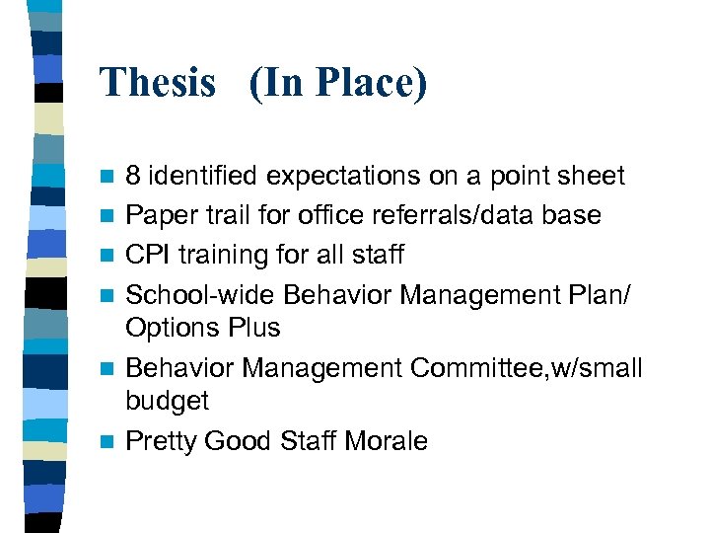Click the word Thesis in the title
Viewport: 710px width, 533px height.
(157, 83)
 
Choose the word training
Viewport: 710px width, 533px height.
(229, 256)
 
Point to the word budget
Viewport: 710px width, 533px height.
(168, 402)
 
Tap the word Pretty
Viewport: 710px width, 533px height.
(161, 441)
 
